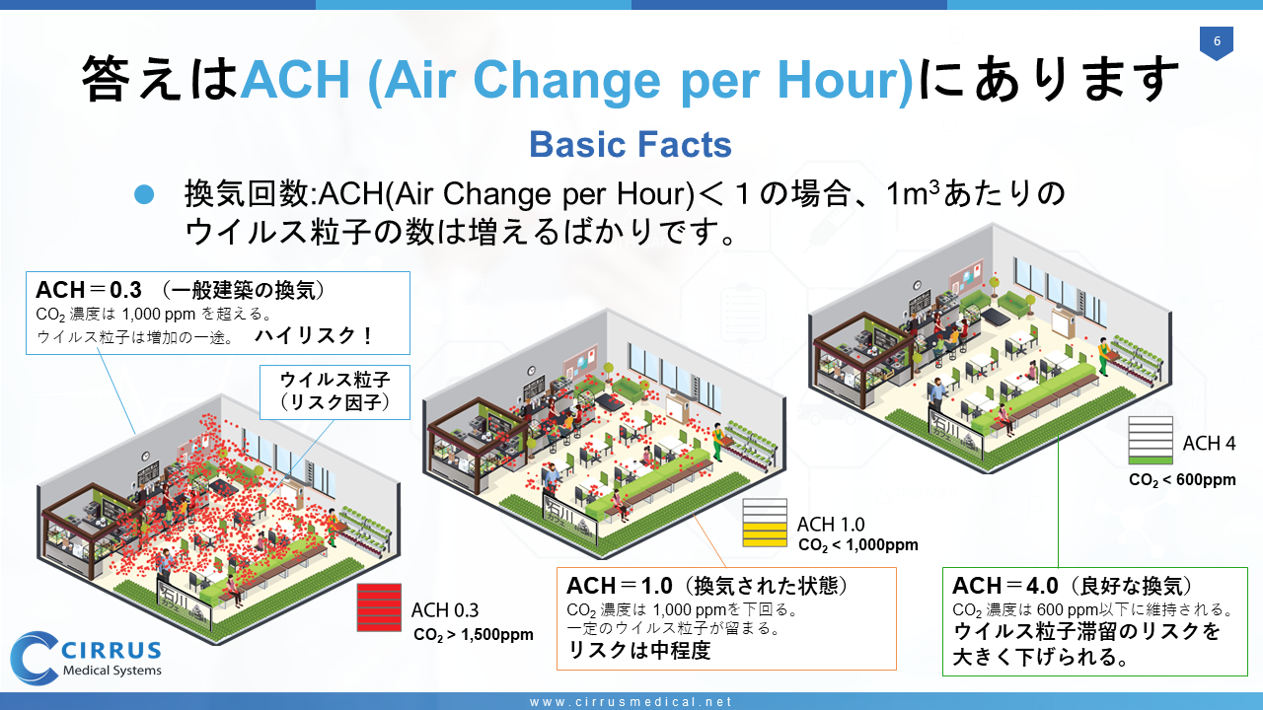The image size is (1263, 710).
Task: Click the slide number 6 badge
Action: click(x=1217, y=42)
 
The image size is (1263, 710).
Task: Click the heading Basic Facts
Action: click(x=631, y=144)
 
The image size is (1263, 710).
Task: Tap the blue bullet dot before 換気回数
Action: click(x=144, y=194)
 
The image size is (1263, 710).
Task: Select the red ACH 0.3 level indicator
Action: click(x=379, y=607)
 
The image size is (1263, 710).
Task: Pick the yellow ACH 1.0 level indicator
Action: click(x=765, y=523)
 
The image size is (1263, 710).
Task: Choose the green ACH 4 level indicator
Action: click(x=1151, y=441)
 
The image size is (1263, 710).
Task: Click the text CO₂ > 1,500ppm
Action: click(x=473, y=635)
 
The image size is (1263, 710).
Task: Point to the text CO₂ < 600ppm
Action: click(x=1182, y=480)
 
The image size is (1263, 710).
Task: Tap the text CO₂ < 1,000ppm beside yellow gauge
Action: click(x=858, y=545)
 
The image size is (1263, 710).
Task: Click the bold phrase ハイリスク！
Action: click(x=314, y=336)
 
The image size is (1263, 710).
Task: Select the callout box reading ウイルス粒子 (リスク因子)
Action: click(x=334, y=392)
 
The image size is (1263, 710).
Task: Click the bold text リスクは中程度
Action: click(x=638, y=650)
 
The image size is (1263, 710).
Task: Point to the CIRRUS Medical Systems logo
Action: click(x=86, y=658)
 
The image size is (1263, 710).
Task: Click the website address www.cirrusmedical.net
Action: click(x=631, y=701)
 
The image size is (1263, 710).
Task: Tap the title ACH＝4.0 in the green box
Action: click(x=1005, y=586)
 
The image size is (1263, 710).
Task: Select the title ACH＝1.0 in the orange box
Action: click(x=619, y=586)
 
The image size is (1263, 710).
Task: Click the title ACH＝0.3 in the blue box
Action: click(x=89, y=290)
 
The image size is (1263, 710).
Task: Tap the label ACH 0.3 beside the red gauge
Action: click(x=445, y=610)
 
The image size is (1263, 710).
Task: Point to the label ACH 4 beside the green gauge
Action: click(x=1209, y=444)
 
